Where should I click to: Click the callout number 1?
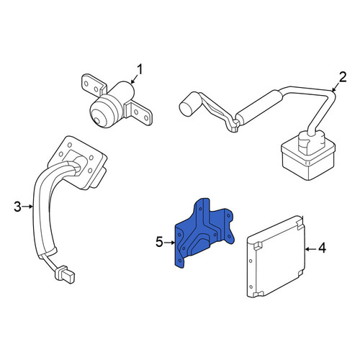click(x=139, y=70)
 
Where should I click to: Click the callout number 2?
click(x=343, y=77)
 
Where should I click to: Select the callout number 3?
click(x=17, y=207)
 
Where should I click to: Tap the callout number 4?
click(x=322, y=248)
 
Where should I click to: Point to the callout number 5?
click(x=159, y=242)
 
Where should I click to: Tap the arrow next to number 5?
click(x=170, y=243)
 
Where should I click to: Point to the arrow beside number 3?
click(x=28, y=206)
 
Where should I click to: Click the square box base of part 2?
click(x=308, y=157)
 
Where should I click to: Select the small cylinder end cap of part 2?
click(x=188, y=107)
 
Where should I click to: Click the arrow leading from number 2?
click(x=336, y=86)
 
